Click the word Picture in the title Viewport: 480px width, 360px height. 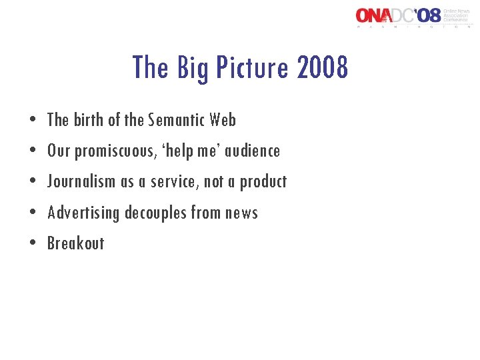tap(249, 67)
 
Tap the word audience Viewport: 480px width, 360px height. tap(253, 151)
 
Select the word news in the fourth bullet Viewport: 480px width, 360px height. tap(241, 213)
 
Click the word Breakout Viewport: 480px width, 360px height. tap(75, 243)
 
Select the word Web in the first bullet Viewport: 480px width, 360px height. tap(222, 120)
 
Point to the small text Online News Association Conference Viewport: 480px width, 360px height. tap(457, 15)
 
